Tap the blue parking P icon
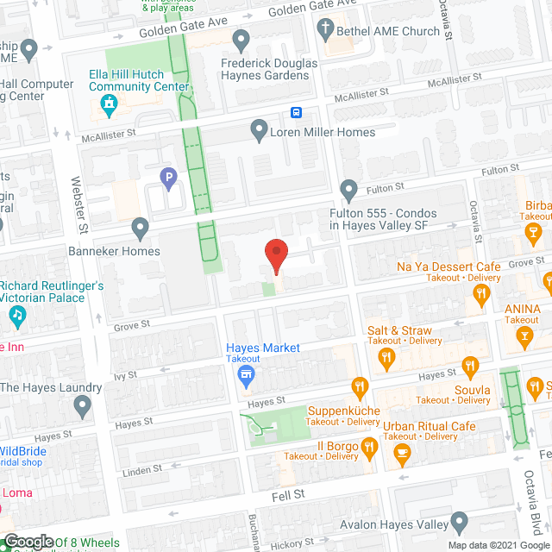pos(170,179)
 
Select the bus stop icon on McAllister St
pos(296,112)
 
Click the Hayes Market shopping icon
pos(246,373)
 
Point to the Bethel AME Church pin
pos(326,31)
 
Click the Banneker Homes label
pos(115,251)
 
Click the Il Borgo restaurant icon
pos(369,446)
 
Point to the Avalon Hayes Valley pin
pos(460,523)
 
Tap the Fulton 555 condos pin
pos(348,189)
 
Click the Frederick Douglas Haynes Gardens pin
pos(241,40)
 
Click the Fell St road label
pos(287,493)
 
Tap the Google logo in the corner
pos(28,541)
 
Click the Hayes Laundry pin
pos(82,404)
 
